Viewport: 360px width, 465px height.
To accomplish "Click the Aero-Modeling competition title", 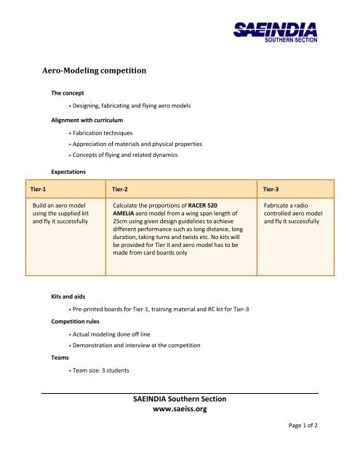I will click(x=95, y=71).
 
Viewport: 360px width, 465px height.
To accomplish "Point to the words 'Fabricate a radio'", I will click(x=289, y=207).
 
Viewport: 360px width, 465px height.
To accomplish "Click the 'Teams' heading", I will click(x=61, y=357).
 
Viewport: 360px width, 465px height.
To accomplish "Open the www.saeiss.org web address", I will click(x=180, y=410).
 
